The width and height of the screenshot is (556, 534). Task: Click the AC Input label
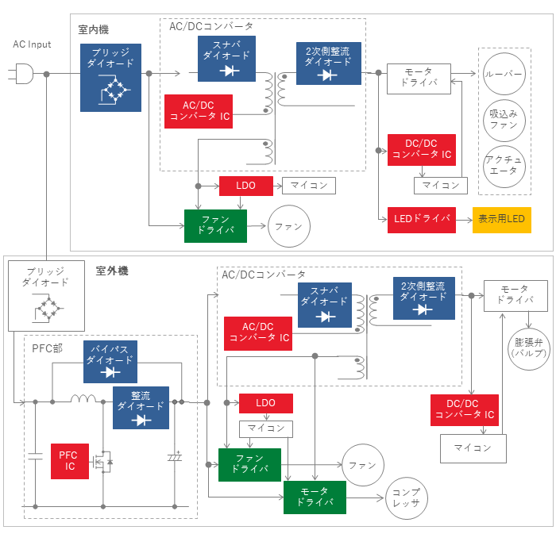[x=32, y=44]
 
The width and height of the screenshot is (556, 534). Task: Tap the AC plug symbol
[x=21, y=74]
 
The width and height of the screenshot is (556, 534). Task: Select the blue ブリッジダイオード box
[x=110, y=78]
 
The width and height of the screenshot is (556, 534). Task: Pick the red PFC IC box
[x=70, y=461]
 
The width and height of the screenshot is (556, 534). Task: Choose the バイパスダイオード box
[x=110, y=362]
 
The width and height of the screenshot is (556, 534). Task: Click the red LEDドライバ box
[x=422, y=220]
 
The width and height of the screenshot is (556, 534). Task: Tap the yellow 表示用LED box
[x=502, y=220]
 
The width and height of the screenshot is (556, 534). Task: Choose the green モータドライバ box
[x=315, y=498]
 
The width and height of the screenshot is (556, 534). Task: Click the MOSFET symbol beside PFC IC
[x=102, y=462]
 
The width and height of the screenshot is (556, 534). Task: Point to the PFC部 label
[x=47, y=348]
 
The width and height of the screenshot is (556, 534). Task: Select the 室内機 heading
[x=93, y=29]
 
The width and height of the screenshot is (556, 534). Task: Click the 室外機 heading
[x=112, y=271]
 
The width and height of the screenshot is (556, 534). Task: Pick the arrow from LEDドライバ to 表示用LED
[x=464, y=220]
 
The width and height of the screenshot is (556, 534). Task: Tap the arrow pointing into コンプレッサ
[x=365, y=498]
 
